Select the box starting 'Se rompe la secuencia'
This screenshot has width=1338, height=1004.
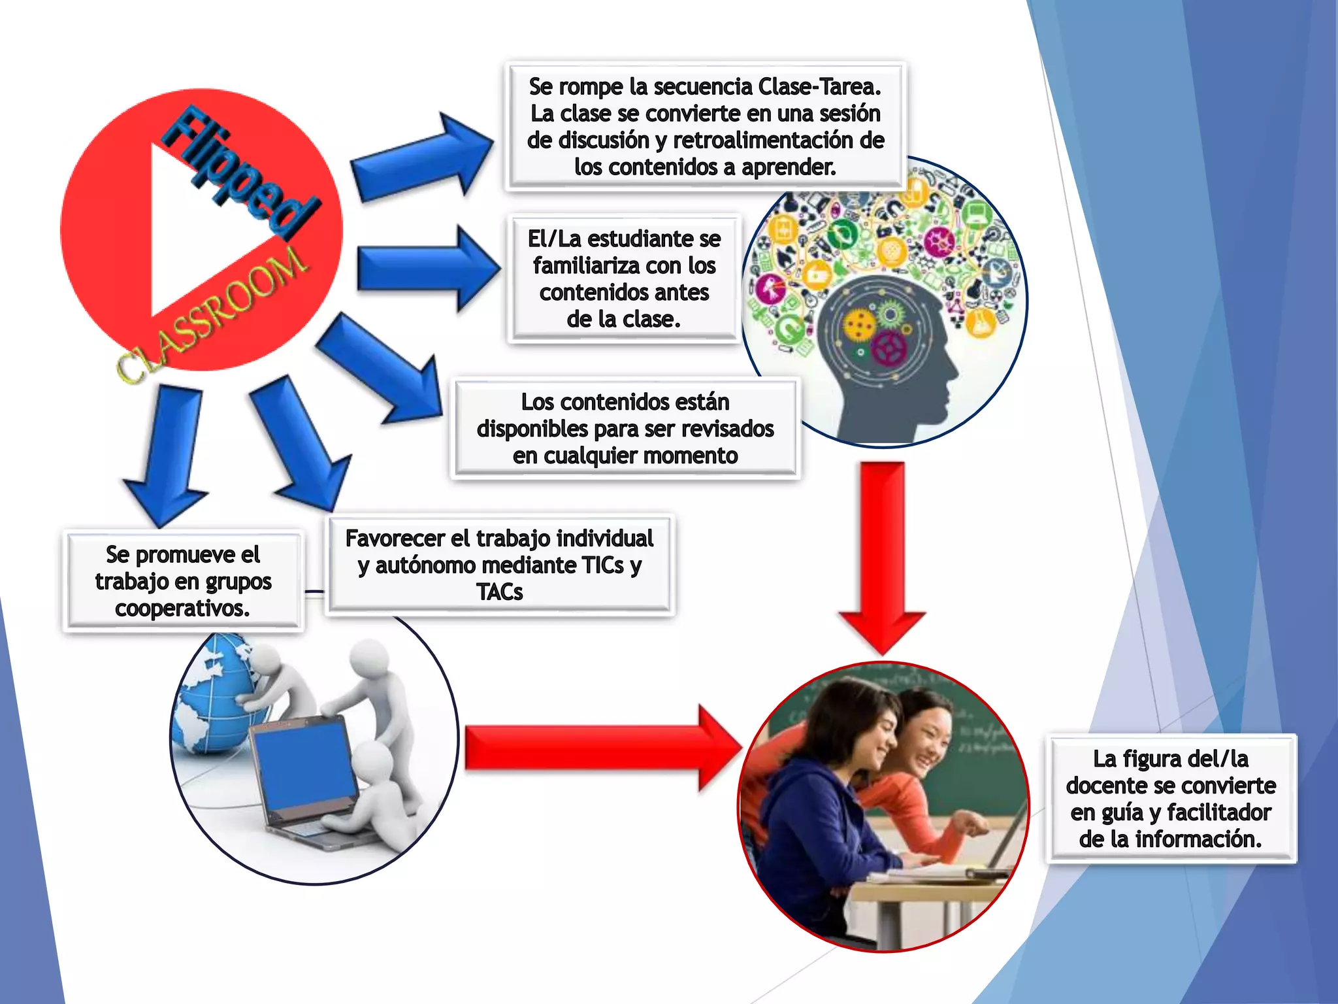[704, 126]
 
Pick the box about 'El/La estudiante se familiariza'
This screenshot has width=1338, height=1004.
[624, 278]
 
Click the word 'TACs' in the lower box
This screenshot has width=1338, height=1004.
[500, 592]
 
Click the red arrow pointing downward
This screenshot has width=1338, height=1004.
[882, 556]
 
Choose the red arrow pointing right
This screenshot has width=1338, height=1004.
[601, 748]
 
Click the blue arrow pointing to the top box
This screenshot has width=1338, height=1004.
[421, 157]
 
